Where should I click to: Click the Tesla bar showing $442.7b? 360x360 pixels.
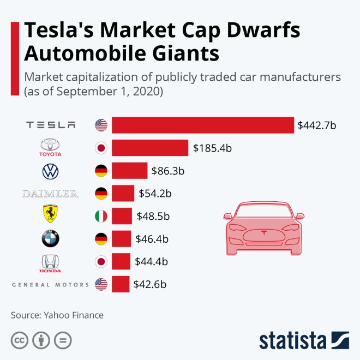(203, 125)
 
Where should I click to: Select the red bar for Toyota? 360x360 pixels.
(151, 148)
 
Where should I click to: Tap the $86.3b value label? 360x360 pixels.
(167, 171)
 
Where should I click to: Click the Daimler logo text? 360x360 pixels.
(50, 194)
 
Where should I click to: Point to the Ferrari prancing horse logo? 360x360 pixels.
(50, 215)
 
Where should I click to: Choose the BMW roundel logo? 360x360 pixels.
(50, 238)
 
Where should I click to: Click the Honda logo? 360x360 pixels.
(50, 262)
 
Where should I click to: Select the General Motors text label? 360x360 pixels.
(50, 284)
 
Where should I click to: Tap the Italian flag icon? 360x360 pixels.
(101, 216)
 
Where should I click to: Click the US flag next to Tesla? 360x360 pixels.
(101, 125)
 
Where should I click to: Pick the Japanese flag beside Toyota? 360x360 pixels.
(101, 148)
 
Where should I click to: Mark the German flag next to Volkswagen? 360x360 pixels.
(101, 171)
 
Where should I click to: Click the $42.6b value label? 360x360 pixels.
(149, 284)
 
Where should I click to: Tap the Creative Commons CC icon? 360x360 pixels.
(20, 340)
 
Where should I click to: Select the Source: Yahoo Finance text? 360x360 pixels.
(57, 315)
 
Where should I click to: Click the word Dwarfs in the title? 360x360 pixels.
(260, 31)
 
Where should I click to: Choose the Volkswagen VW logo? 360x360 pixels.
(50, 171)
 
